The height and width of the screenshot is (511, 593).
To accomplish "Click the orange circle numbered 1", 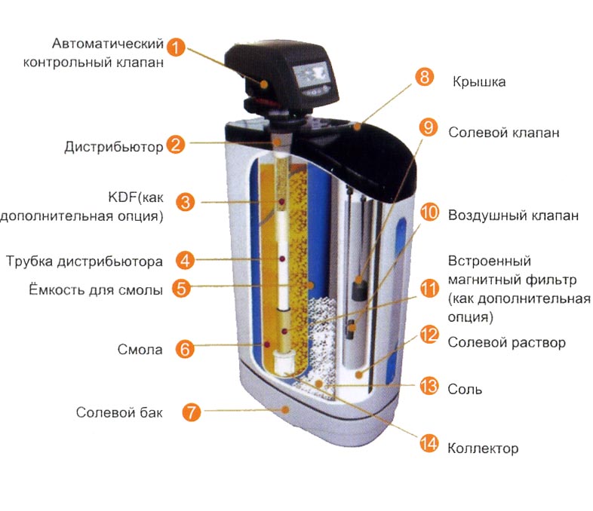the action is click(x=176, y=47).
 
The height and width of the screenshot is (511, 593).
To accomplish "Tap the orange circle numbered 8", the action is click(x=424, y=77).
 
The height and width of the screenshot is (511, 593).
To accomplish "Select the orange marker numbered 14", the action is click(x=429, y=443).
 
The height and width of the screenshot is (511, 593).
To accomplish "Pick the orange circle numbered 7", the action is click(x=192, y=412).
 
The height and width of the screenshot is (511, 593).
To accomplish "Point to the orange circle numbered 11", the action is click(x=429, y=289).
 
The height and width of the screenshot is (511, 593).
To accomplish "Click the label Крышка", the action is click(x=479, y=82).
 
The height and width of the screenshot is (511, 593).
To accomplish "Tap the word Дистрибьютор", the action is click(x=113, y=146).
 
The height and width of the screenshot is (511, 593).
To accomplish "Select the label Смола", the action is click(x=140, y=350).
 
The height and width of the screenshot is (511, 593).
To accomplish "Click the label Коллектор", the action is click(x=483, y=448).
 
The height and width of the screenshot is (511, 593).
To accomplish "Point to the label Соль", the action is click(x=465, y=389).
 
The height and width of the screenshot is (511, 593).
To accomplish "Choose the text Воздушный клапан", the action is click(x=513, y=216).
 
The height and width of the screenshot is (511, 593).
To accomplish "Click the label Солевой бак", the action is click(x=119, y=412).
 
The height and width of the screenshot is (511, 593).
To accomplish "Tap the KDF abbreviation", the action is click(x=120, y=197).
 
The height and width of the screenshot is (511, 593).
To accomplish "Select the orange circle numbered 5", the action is click(x=182, y=288).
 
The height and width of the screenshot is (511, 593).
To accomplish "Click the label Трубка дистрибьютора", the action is click(x=84, y=262).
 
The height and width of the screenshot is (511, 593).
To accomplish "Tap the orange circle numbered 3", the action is click(x=185, y=202).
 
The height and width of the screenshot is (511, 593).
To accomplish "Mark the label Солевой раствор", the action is click(x=507, y=343).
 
